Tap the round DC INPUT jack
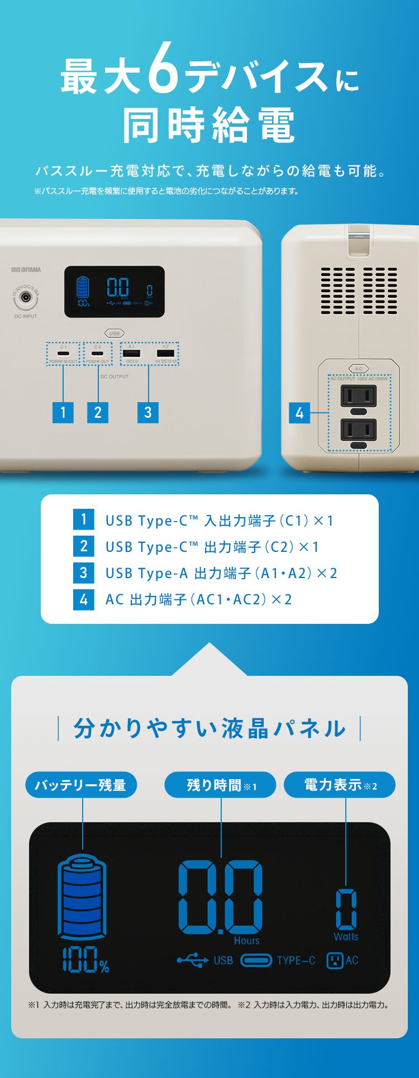pyautogui.click(x=25, y=299)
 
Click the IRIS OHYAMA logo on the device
pyautogui.click(x=26, y=269)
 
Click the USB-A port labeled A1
pyautogui.click(x=132, y=354)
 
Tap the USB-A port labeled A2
pyautogui.click(x=165, y=354)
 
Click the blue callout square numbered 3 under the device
pyautogui.click(x=147, y=412)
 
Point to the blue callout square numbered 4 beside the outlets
pyautogui.click(x=299, y=413)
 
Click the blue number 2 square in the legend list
pyautogui.click(x=84, y=546)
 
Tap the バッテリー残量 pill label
pyautogui.click(x=81, y=785)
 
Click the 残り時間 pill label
pyautogui.click(x=220, y=785)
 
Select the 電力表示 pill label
pyautogui.click(x=340, y=785)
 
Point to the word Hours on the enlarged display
pyautogui.click(x=246, y=941)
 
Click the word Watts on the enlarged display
pyautogui.click(x=346, y=937)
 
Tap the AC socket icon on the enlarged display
pyautogui.click(x=335, y=961)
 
